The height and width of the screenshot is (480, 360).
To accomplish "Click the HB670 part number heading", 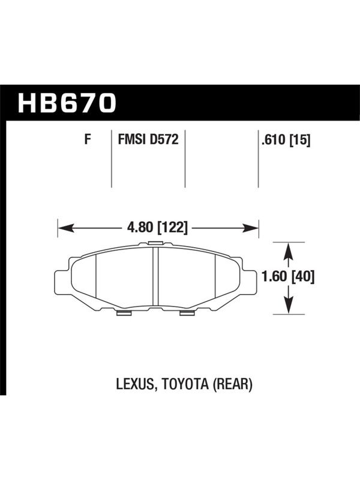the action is click(x=67, y=103).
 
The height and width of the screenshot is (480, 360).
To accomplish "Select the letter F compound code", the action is click(x=88, y=140).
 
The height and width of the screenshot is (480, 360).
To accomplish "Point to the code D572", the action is click(x=164, y=140).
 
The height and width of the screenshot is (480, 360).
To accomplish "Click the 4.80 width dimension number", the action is click(x=140, y=228).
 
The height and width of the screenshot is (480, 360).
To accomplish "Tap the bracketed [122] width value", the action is click(x=172, y=228).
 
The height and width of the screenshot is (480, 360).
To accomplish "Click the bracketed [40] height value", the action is click(x=302, y=277).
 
